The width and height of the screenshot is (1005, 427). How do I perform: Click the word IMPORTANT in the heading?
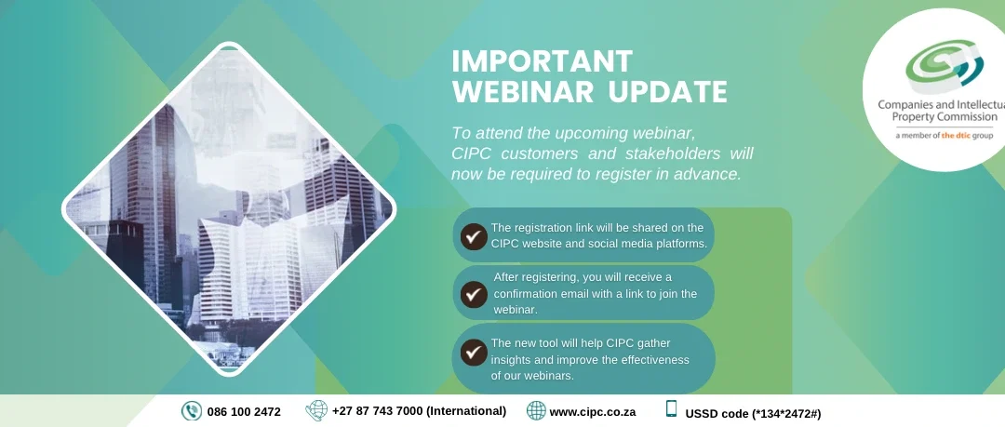(x=543, y=61)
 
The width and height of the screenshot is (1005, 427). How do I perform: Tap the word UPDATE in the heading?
(x=667, y=92)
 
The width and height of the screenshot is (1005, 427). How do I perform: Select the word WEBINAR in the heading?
(x=523, y=92)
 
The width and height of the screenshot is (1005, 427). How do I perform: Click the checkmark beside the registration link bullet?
(x=474, y=236)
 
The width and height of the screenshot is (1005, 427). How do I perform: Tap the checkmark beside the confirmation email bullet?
(x=474, y=294)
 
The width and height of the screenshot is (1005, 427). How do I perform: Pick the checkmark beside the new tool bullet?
(x=474, y=353)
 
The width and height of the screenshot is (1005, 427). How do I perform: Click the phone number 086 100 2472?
(x=244, y=411)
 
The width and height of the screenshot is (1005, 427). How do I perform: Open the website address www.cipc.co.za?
(x=592, y=411)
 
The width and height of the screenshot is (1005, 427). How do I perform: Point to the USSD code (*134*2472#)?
(x=753, y=414)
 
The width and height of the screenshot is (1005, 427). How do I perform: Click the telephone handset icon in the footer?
(x=192, y=411)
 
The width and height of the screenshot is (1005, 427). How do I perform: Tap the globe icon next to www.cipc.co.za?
(x=536, y=410)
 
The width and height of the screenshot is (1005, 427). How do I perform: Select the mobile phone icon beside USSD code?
(x=671, y=409)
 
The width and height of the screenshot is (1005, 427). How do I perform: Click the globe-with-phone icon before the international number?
(x=316, y=410)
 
